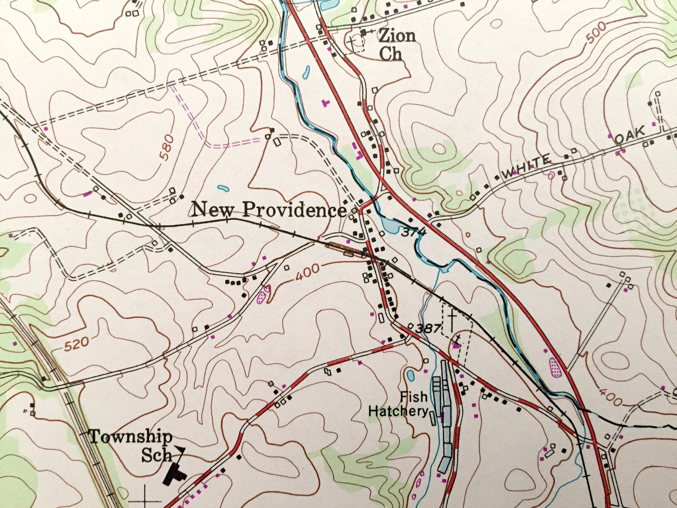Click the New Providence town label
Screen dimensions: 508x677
pyautogui.click(x=269, y=210)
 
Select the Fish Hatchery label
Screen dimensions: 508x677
pyautogui.click(x=398, y=404)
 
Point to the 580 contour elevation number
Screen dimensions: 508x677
pyautogui.click(x=166, y=148)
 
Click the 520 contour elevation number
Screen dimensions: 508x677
pyautogui.click(x=76, y=345)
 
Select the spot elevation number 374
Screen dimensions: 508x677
pyautogui.click(x=413, y=232)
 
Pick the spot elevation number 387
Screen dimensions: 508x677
pyautogui.click(x=428, y=329)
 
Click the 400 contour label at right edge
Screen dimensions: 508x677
pyautogui.click(x=609, y=399)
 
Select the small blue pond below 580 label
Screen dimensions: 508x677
pyautogui.click(x=223, y=189)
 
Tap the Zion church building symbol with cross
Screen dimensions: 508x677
pyautogui.click(x=364, y=32)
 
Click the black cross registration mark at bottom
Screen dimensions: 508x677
pyautogui.click(x=145, y=496)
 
